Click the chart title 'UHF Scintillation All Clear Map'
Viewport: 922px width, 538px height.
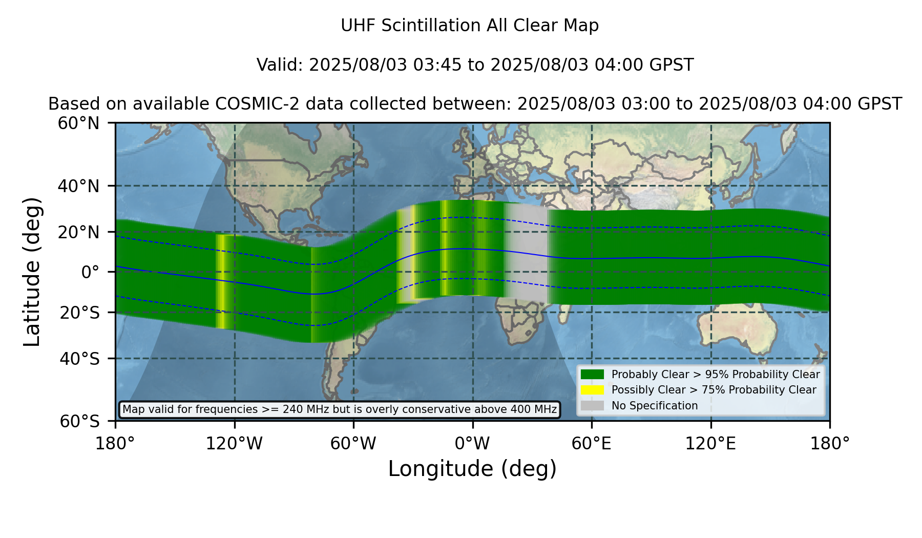tap(470, 26)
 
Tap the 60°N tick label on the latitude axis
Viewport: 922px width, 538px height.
tap(78, 123)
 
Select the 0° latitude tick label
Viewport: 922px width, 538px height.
tap(90, 272)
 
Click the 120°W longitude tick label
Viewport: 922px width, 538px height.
tap(234, 444)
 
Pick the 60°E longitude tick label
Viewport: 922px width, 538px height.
tap(592, 444)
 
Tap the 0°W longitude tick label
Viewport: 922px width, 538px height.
tap(473, 444)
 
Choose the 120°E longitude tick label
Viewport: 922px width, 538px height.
tap(710, 444)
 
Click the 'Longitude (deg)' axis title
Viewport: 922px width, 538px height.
tap(472, 469)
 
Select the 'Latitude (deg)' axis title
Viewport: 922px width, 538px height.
tap(32, 272)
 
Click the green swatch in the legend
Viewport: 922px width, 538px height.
tap(592, 374)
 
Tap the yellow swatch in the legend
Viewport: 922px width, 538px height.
tap(592, 390)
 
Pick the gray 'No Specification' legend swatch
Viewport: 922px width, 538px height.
tap(592, 406)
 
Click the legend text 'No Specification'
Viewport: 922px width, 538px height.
tap(655, 406)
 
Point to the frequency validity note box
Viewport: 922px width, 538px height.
tap(340, 409)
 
